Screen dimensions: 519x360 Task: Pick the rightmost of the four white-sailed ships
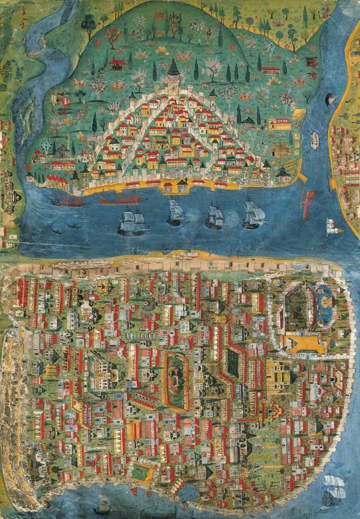253,214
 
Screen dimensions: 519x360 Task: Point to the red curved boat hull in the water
308,204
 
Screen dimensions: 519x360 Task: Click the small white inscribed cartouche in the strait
314,137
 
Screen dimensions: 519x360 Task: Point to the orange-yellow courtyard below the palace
304,345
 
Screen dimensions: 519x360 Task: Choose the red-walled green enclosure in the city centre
175,380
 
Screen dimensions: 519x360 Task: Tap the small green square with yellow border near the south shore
141,472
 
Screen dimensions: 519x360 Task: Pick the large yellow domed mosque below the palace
278,374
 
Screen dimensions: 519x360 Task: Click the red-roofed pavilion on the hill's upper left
118,64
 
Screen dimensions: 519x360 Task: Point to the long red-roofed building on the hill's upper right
271,69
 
